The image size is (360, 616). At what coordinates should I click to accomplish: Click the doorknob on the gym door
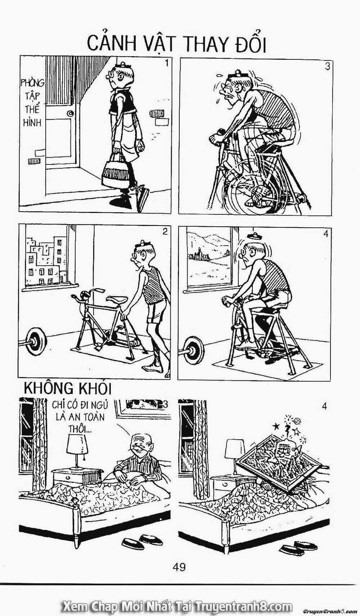[71, 113]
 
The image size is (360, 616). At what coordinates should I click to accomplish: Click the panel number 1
[166, 64]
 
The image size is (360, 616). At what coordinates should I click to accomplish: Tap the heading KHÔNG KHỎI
[68, 389]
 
